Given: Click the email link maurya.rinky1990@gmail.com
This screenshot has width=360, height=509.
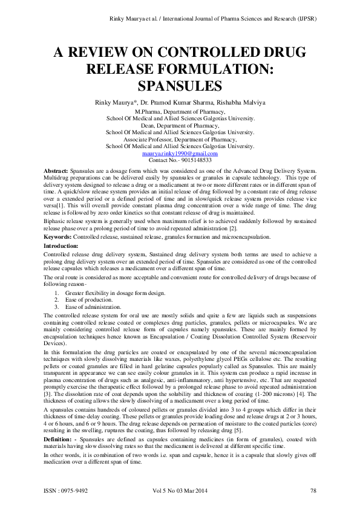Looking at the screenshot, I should [180, 154].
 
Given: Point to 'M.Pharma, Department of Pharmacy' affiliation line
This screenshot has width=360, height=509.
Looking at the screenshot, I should [180, 112].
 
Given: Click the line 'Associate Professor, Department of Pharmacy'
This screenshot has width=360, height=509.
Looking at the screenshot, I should [180, 140].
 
